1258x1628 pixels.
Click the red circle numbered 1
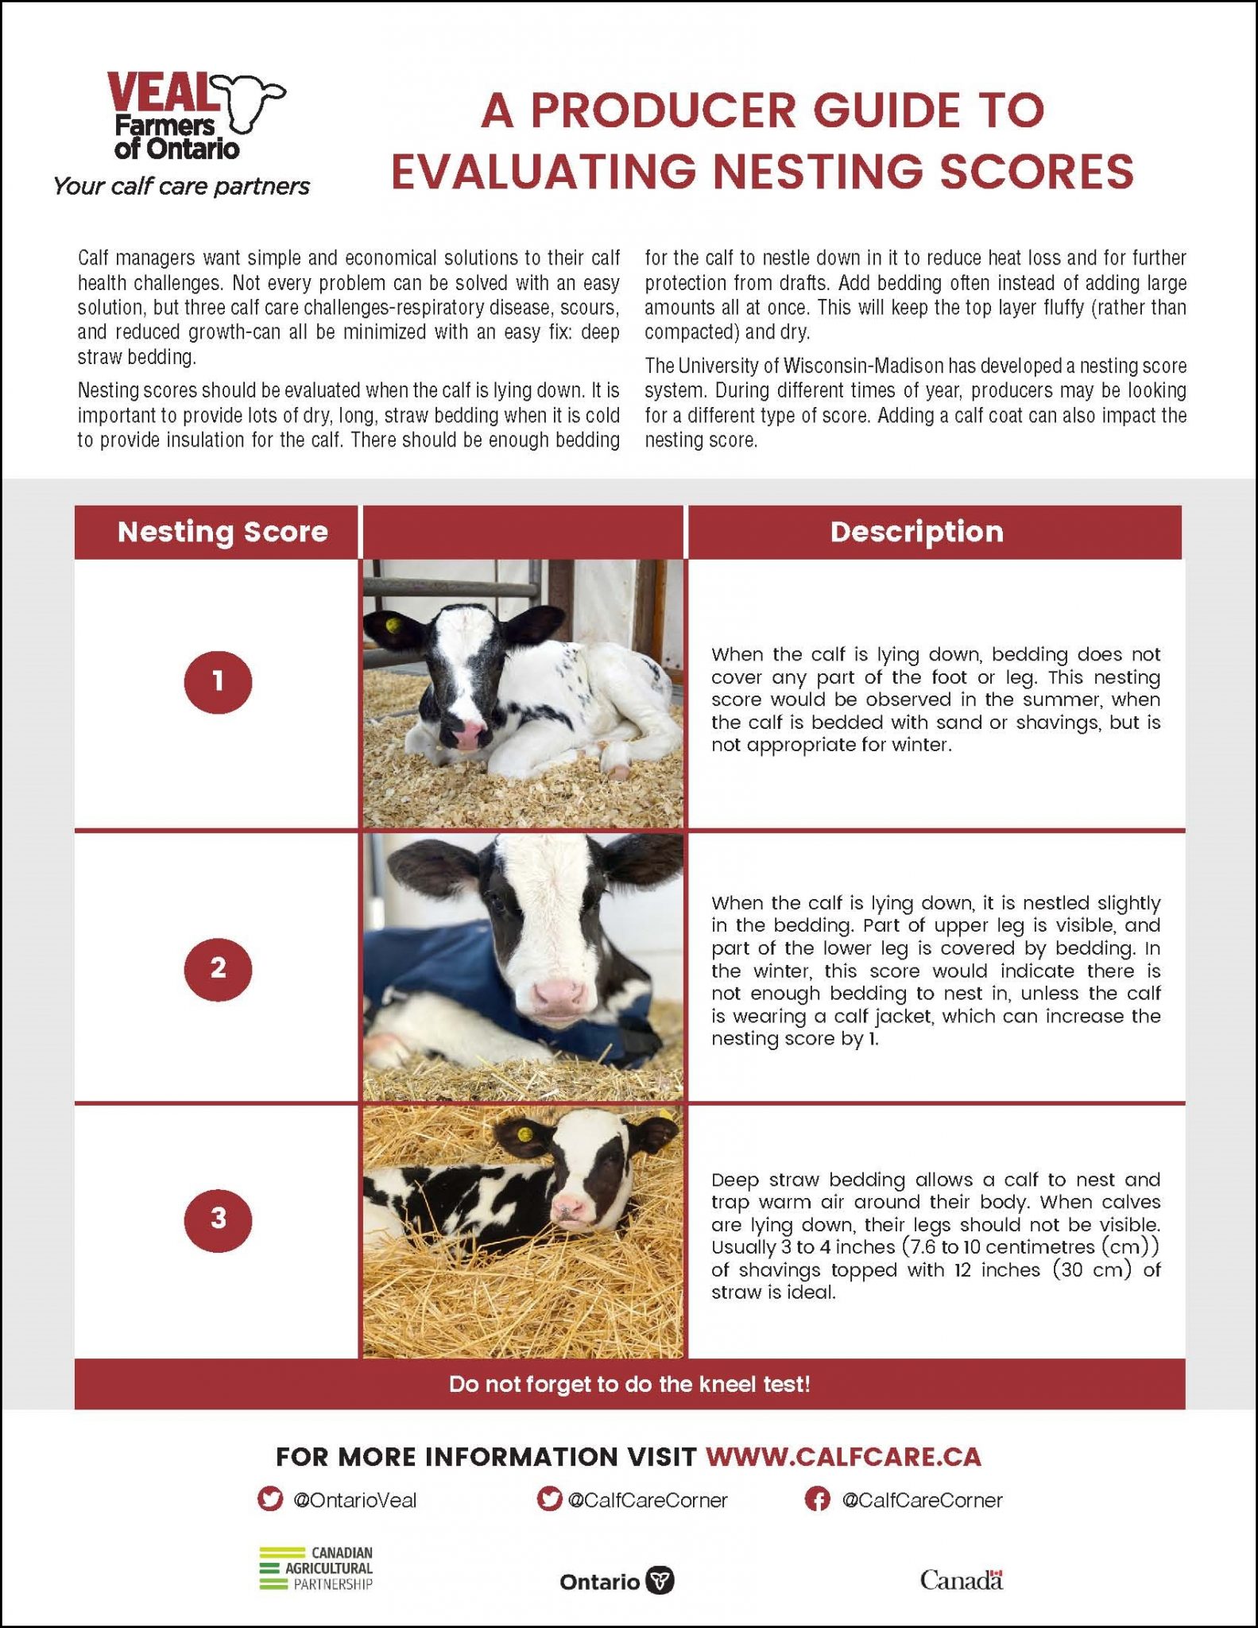[218, 682]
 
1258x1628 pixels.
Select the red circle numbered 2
[218, 968]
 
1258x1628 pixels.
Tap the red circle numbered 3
[218, 1219]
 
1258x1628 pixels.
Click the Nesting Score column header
[222, 532]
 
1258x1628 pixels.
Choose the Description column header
[916, 532]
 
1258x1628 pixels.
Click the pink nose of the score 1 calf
[470, 732]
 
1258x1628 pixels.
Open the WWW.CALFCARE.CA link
[843, 1457]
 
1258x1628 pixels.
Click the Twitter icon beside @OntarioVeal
[271, 1499]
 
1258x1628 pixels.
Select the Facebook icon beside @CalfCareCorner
[817, 1499]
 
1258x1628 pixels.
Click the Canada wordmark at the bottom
[961, 1580]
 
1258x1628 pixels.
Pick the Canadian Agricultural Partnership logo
[316, 1568]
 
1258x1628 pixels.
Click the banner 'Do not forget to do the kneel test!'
[629, 1384]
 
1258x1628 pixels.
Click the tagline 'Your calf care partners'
[181, 187]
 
